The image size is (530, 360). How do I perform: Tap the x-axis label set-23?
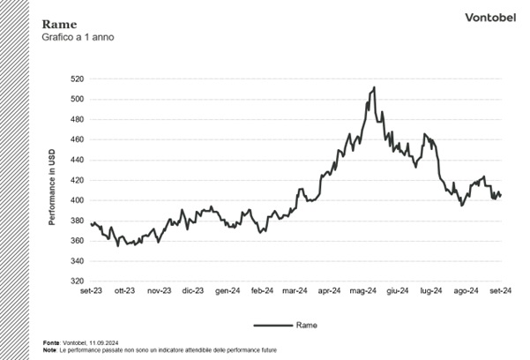click(91, 290)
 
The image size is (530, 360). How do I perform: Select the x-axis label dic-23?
click(192, 290)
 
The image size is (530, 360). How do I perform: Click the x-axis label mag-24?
click(363, 290)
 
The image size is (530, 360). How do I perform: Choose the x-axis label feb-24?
click(261, 290)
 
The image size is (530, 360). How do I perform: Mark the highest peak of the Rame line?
click(374, 87)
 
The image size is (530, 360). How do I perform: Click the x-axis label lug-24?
click(431, 290)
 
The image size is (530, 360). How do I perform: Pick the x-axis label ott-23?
click(124, 290)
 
